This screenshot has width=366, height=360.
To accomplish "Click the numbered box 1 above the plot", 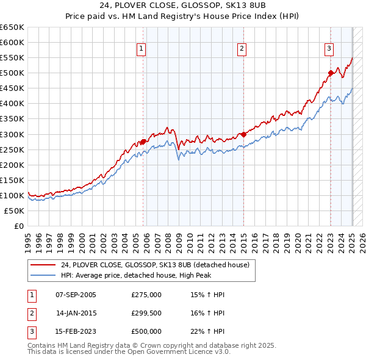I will coord(142,49).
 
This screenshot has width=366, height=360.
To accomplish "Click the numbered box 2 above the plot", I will coord(242,49).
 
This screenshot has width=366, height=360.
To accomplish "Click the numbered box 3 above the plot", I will coord(329,49).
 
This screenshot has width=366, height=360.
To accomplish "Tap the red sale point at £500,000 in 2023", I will coord(331,73).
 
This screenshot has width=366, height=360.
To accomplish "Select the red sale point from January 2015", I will coord(243,134).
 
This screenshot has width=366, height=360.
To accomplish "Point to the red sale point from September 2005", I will coord(143,142).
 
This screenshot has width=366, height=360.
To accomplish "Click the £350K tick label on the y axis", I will coord(12,119).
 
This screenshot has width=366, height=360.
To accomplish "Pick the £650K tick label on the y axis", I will coord(12,27).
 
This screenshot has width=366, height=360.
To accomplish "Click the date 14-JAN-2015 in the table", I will coord(76,313).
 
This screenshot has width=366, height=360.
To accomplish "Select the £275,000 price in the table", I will coord(146,295).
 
